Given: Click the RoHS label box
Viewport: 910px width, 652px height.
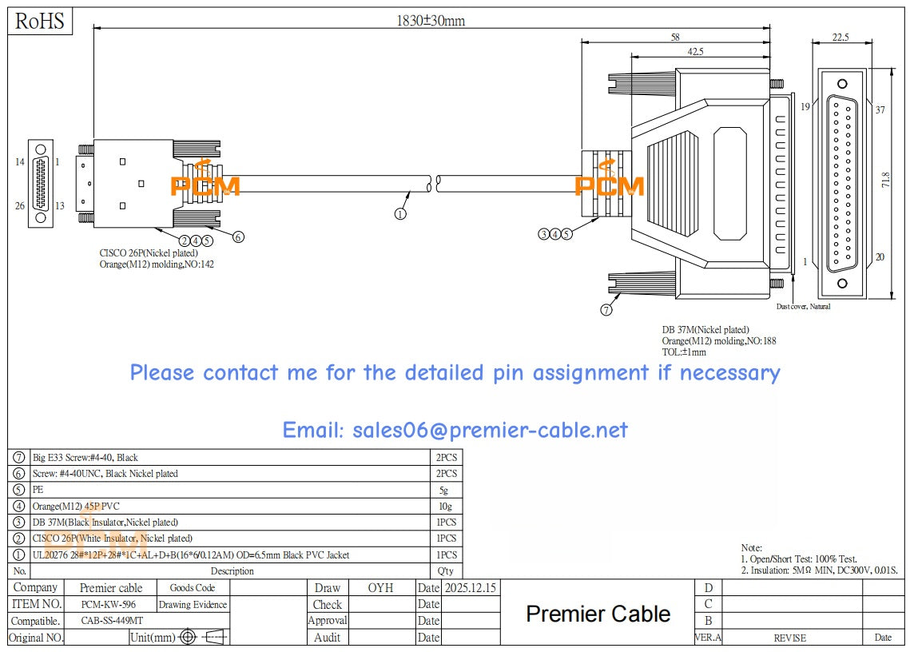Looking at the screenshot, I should click(40, 22).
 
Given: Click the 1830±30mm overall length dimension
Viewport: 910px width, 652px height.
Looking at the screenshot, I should click(431, 21).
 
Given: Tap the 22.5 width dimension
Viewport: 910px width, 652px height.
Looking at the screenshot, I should click(840, 37).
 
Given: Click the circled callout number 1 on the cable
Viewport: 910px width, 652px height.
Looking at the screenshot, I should click(400, 213).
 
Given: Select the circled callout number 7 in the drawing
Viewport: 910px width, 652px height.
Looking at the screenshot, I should click(606, 310).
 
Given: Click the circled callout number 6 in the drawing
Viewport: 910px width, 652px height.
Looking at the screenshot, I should click(238, 237).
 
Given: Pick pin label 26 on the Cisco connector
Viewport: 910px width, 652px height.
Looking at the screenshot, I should click(20, 205).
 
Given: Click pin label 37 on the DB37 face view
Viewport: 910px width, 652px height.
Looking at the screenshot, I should click(880, 110).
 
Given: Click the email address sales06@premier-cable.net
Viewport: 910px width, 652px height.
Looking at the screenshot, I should click(455, 431).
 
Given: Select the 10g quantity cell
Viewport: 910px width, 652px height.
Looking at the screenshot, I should click(446, 506).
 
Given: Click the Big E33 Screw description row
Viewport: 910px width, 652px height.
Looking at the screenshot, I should click(85, 458).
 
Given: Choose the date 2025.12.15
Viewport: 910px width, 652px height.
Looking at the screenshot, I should click(471, 588).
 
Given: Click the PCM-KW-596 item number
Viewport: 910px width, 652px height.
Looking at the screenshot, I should click(109, 605).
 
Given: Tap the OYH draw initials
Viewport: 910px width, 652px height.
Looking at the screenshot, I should click(380, 588).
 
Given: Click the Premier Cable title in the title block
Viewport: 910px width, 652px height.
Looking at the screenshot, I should click(598, 614).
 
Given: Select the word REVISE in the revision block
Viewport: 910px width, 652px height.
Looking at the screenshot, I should click(789, 638).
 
